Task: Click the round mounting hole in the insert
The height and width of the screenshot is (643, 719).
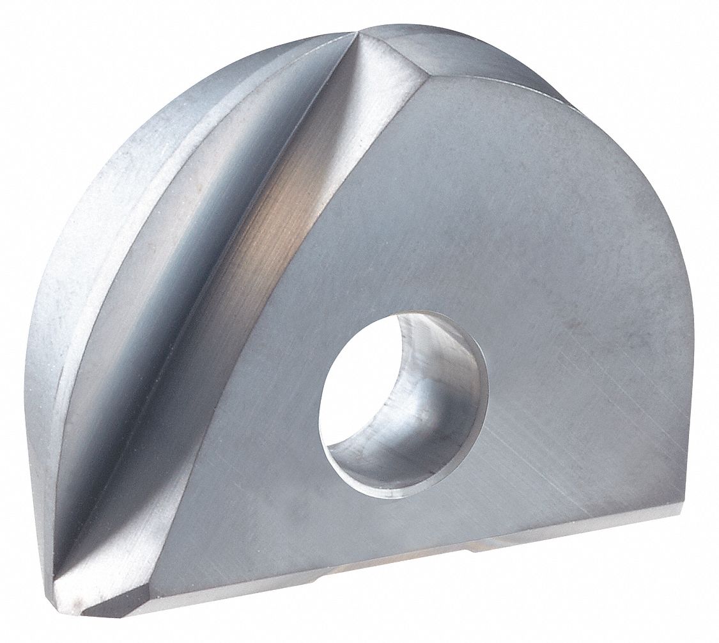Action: pyautogui.click(x=403, y=390)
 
